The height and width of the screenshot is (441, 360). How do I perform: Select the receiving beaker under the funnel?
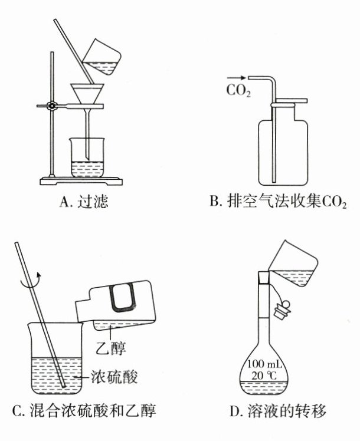tap(89, 158)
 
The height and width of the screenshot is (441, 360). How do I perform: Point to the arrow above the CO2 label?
tap(235, 78)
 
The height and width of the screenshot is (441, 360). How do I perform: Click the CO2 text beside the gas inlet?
tap(238, 91)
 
